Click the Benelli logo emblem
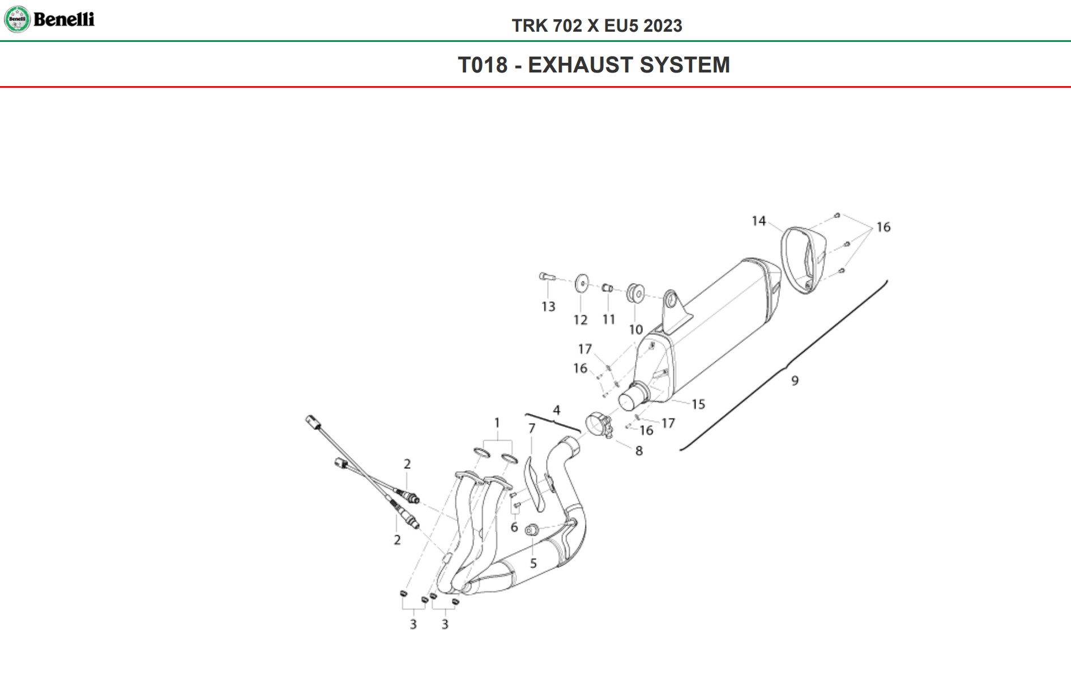click(17, 19)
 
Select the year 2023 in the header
click(663, 26)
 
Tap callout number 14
click(758, 221)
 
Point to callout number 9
click(795, 381)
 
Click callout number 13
click(548, 307)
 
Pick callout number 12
click(580, 320)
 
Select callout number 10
click(635, 330)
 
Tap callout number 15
click(698, 404)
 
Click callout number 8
click(639, 451)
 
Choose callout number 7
click(531, 429)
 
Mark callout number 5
click(533, 563)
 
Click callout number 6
click(514, 527)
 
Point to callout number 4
click(556, 410)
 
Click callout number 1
click(497, 423)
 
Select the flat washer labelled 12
click(581, 283)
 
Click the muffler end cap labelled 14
click(803, 260)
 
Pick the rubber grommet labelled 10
click(635, 293)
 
